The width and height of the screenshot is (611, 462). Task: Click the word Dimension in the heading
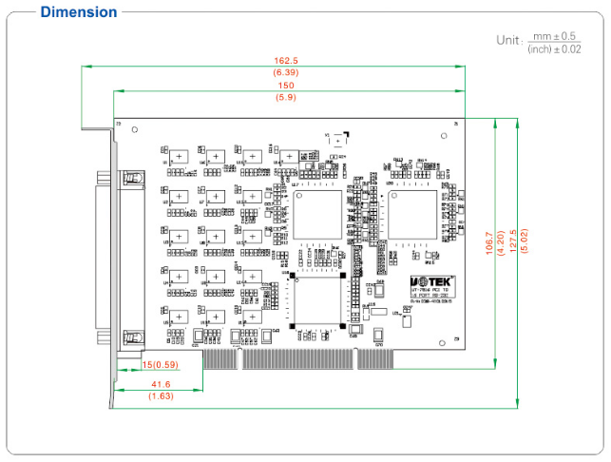coord(80,12)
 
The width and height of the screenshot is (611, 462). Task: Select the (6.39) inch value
coord(286,72)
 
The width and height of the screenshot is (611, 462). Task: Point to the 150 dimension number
coord(286,86)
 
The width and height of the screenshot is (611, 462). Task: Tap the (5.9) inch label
coord(286,97)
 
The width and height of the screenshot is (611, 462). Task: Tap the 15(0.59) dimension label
coord(160,364)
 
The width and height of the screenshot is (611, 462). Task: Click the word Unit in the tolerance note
coord(508,40)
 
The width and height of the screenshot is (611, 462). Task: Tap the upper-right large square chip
coord(412,213)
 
